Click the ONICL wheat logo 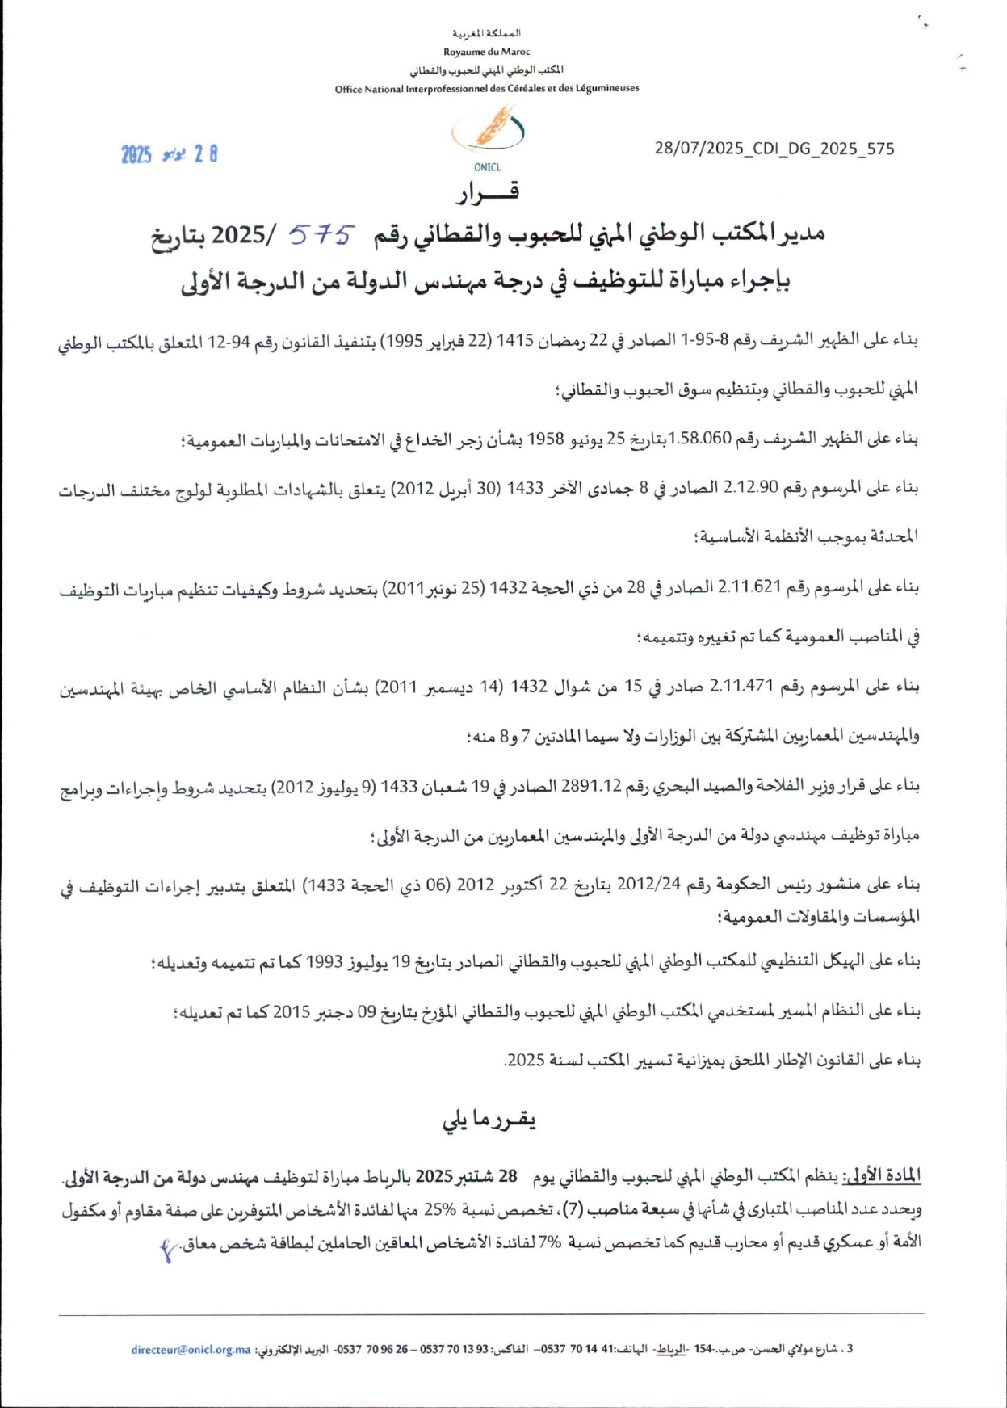pyautogui.click(x=489, y=130)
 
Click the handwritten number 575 pyautogui.click(x=321, y=235)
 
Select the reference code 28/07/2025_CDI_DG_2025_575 pyautogui.click(x=774, y=149)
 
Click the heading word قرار pyautogui.click(x=488, y=192)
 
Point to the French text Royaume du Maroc pyautogui.click(x=486, y=52)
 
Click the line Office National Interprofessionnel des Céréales pyautogui.click(x=486, y=89)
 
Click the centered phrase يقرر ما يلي pyautogui.click(x=489, y=1120)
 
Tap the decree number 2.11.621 pyautogui.click(x=746, y=587)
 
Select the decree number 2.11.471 pyautogui.click(x=741, y=687)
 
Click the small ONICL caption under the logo pyautogui.click(x=488, y=168)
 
